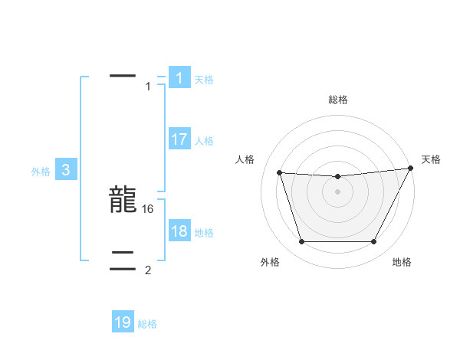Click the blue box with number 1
pyautogui.click(x=179, y=77)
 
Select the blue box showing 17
pyautogui.click(x=179, y=139)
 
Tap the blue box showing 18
pyautogui.click(x=179, y=231)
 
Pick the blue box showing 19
pyautogui.click(x=123, y=322)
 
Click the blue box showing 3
pyautogui.click(x=66, y=171)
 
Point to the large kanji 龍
pyautogui.click(x=123, y=201)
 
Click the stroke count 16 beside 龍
pyautogui.click(x=149, y=208)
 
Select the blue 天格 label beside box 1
pyautogui.click(x=204, y=79)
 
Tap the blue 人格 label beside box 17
pyautogui.click(x=204, y=141)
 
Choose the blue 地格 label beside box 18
pyautogui.click(x=204, y=233)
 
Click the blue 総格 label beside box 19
pyautogui.click(x=147, y=324)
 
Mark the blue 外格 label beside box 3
pyautogui.click(x=41, y=172)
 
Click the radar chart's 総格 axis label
pyautogui.click(x=337, y=100)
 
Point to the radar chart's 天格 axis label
pyautogui.click(x=431, y=159)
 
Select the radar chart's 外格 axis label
pyautogui.click(x=270, y=262)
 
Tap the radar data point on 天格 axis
pyautogui.click(x=411, y=169)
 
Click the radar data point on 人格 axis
pyautogui.click(x=280, y=173)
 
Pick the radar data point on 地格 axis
pyautogui.click(x=373, y=242)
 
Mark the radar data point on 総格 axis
pyautogui.click(x=337, y=177)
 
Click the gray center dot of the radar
pyautogui.click(x=337, y=191)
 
